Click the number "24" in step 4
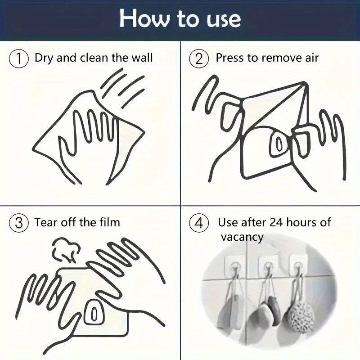pos(275,222)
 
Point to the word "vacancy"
pos(242,237)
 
